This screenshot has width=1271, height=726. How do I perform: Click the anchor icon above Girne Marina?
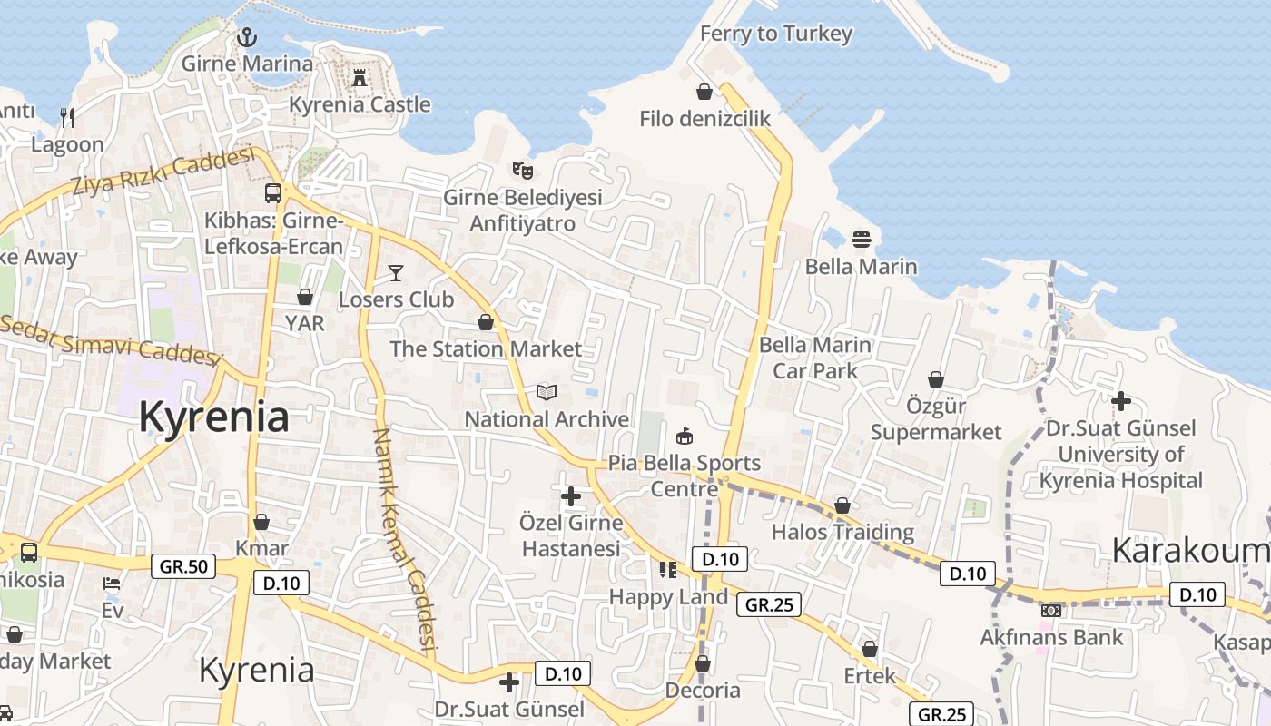point(247,37)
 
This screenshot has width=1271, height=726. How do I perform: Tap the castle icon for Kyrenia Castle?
point(360,78)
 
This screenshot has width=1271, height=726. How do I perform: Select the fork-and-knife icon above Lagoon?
point(67,117)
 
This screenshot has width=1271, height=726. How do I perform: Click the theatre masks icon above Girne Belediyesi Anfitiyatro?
point(522,170)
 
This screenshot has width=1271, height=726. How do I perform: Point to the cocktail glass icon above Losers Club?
point(396,272)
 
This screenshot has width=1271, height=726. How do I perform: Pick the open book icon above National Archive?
point(546,392)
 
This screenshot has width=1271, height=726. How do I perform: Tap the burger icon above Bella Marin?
point(862,240)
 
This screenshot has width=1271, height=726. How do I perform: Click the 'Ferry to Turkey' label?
point(776,34)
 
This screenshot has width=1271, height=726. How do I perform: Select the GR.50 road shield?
point(183,567)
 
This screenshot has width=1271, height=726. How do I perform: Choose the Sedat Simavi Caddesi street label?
point(109,339)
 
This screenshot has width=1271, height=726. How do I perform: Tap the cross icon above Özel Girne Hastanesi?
point(571,496)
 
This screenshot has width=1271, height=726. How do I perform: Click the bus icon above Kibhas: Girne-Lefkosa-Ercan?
point(273,192)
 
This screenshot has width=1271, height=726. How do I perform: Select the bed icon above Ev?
point(112,584)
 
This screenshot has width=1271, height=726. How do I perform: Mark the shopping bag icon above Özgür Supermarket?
point(936,379)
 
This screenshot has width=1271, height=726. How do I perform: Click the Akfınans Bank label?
point(1051,637)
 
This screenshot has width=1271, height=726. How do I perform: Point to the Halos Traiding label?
point(842,532)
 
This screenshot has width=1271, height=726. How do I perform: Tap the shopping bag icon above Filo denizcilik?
point(704,92)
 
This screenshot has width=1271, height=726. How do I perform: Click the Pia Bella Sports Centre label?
point(685,476)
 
